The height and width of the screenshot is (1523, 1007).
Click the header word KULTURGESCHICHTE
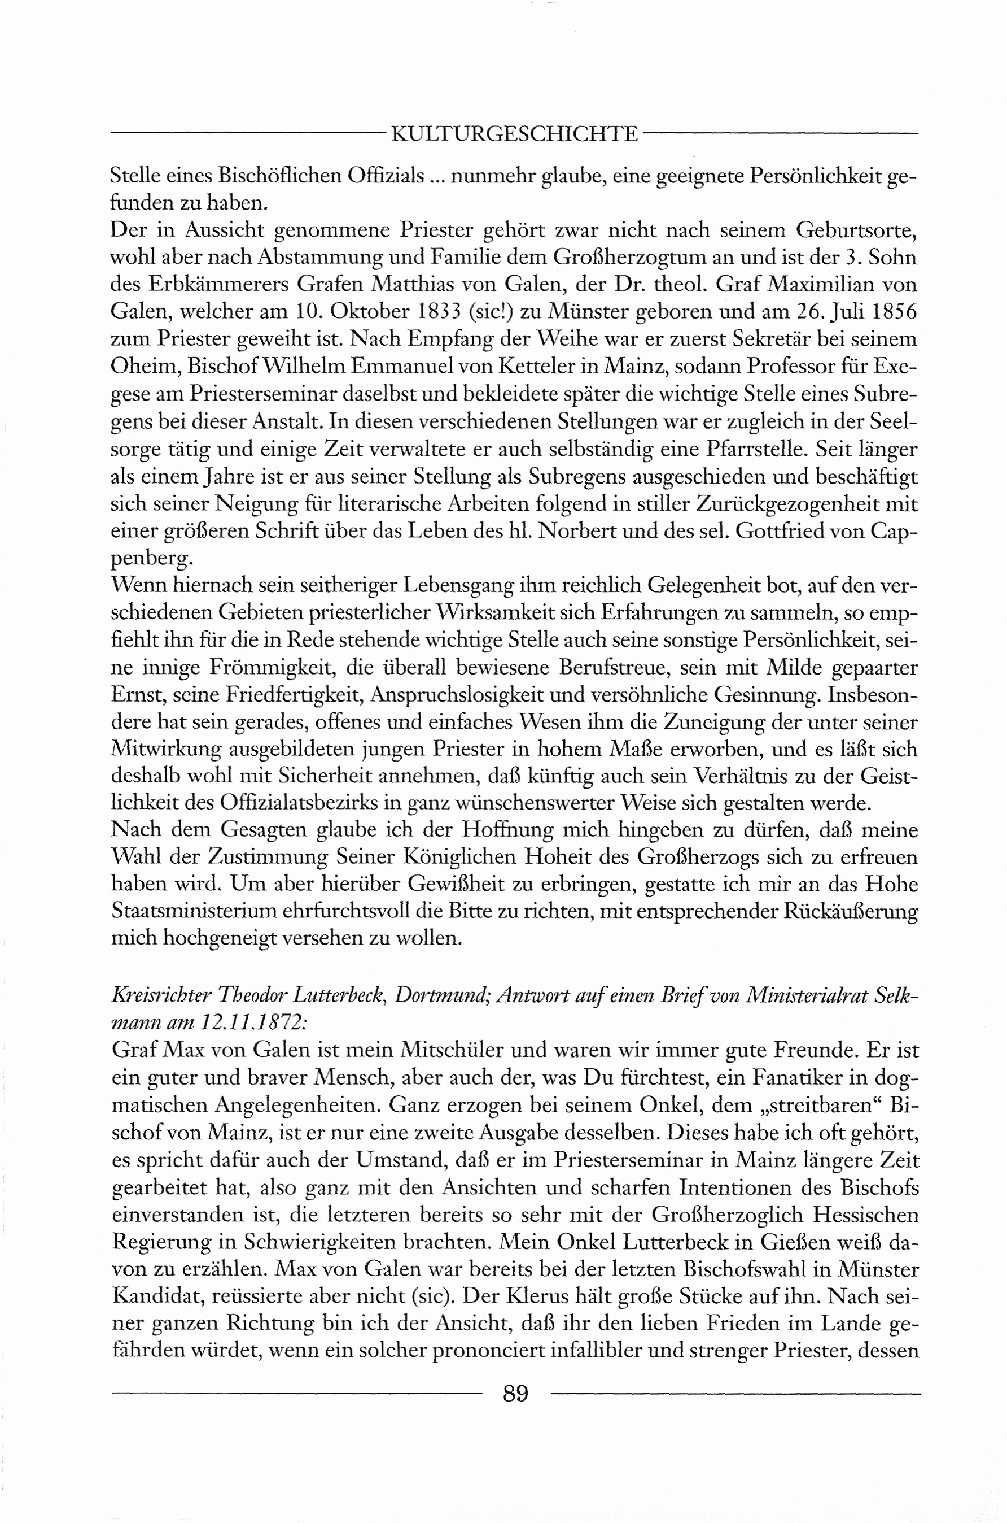(515, 134)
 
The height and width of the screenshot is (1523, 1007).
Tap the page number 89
(516, 1393)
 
